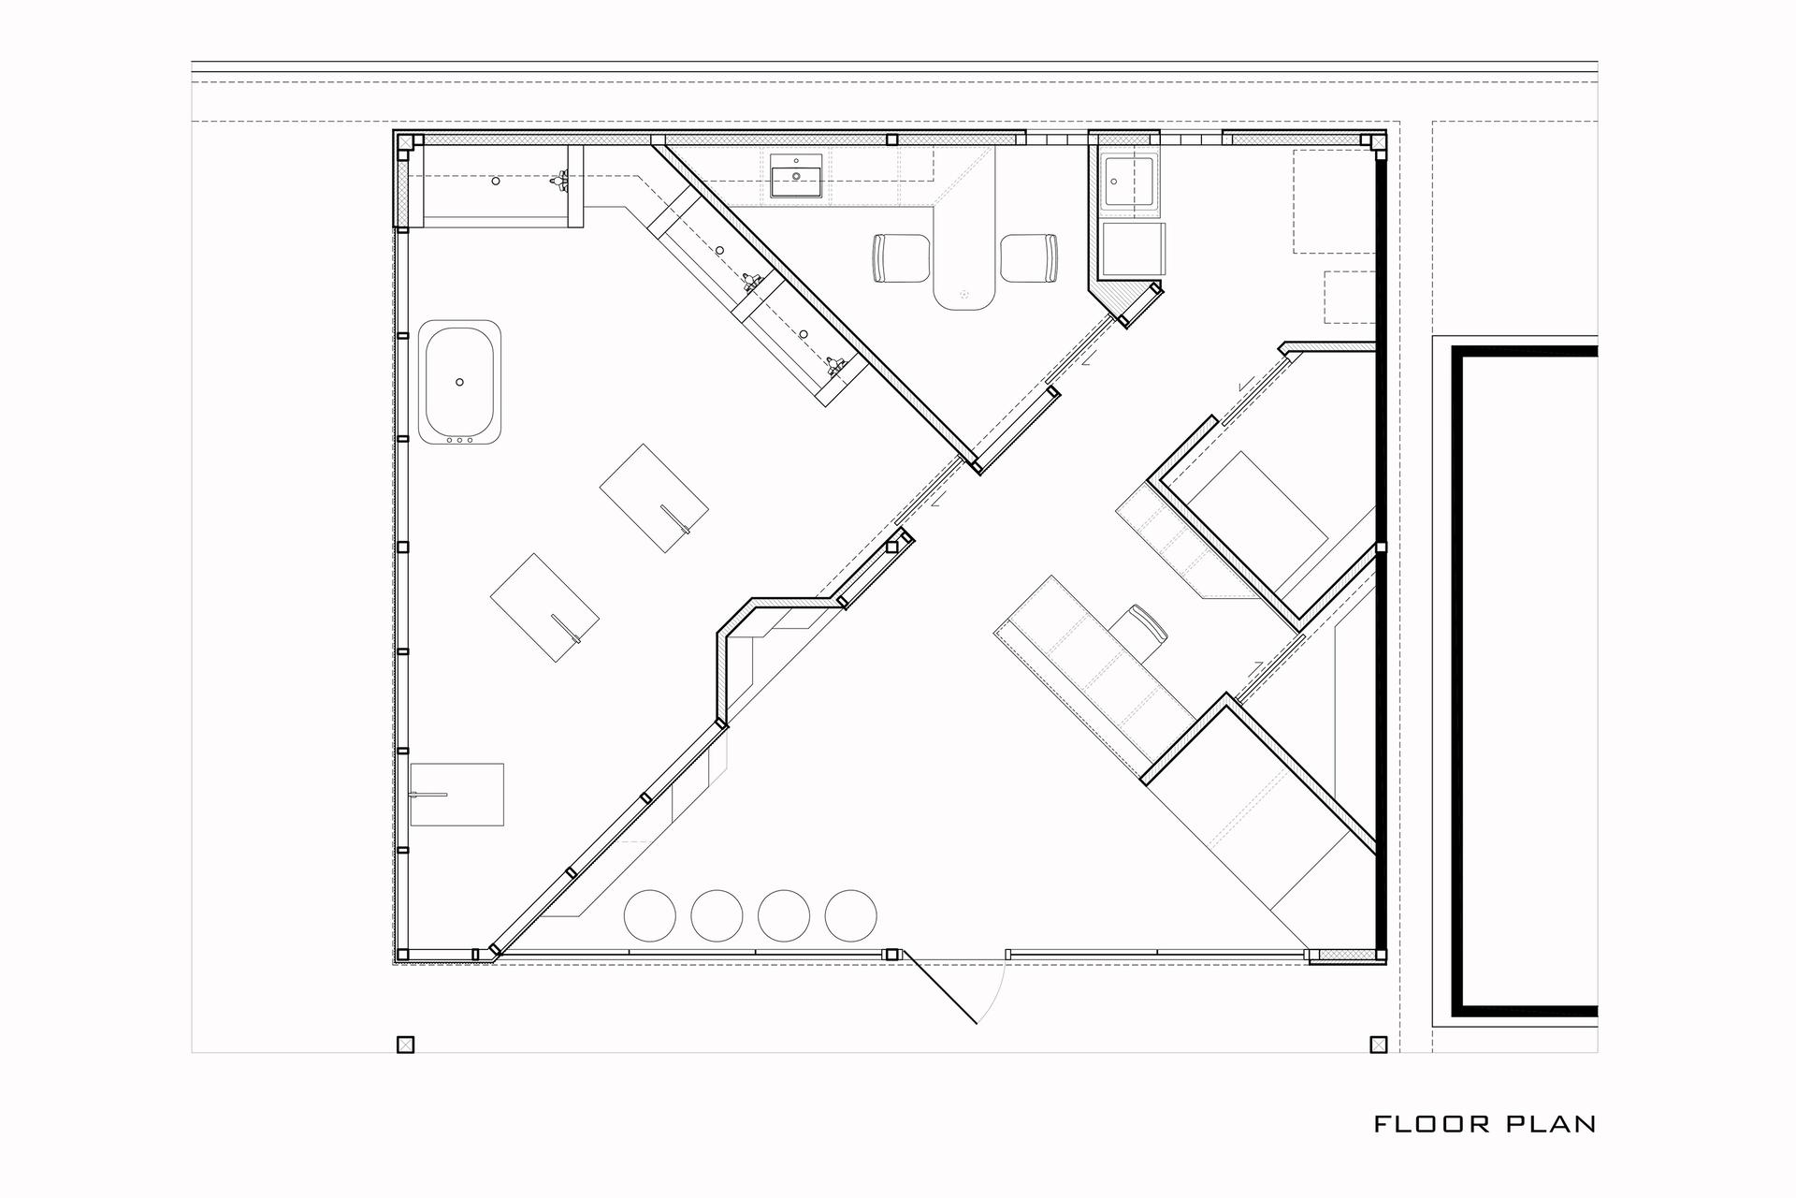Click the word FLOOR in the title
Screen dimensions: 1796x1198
(1432, 1124)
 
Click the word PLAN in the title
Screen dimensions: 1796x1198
(1552, 1124)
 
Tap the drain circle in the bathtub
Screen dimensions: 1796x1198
(459, 382)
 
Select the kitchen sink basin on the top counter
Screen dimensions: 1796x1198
(796, 176)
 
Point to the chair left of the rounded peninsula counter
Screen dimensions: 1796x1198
(900, 257)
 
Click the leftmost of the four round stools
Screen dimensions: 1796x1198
(649, 915)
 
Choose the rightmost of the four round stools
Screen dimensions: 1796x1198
(851, 915)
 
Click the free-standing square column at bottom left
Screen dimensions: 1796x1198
(405, 1045)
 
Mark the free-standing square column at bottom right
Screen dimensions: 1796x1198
(1378, 1045)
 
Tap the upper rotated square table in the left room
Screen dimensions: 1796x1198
(654, 498)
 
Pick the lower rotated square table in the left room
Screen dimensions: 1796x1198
(545, 607)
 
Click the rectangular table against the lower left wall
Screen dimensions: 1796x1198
(457, 795)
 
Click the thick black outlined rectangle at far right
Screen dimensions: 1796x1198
(1525, 681)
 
